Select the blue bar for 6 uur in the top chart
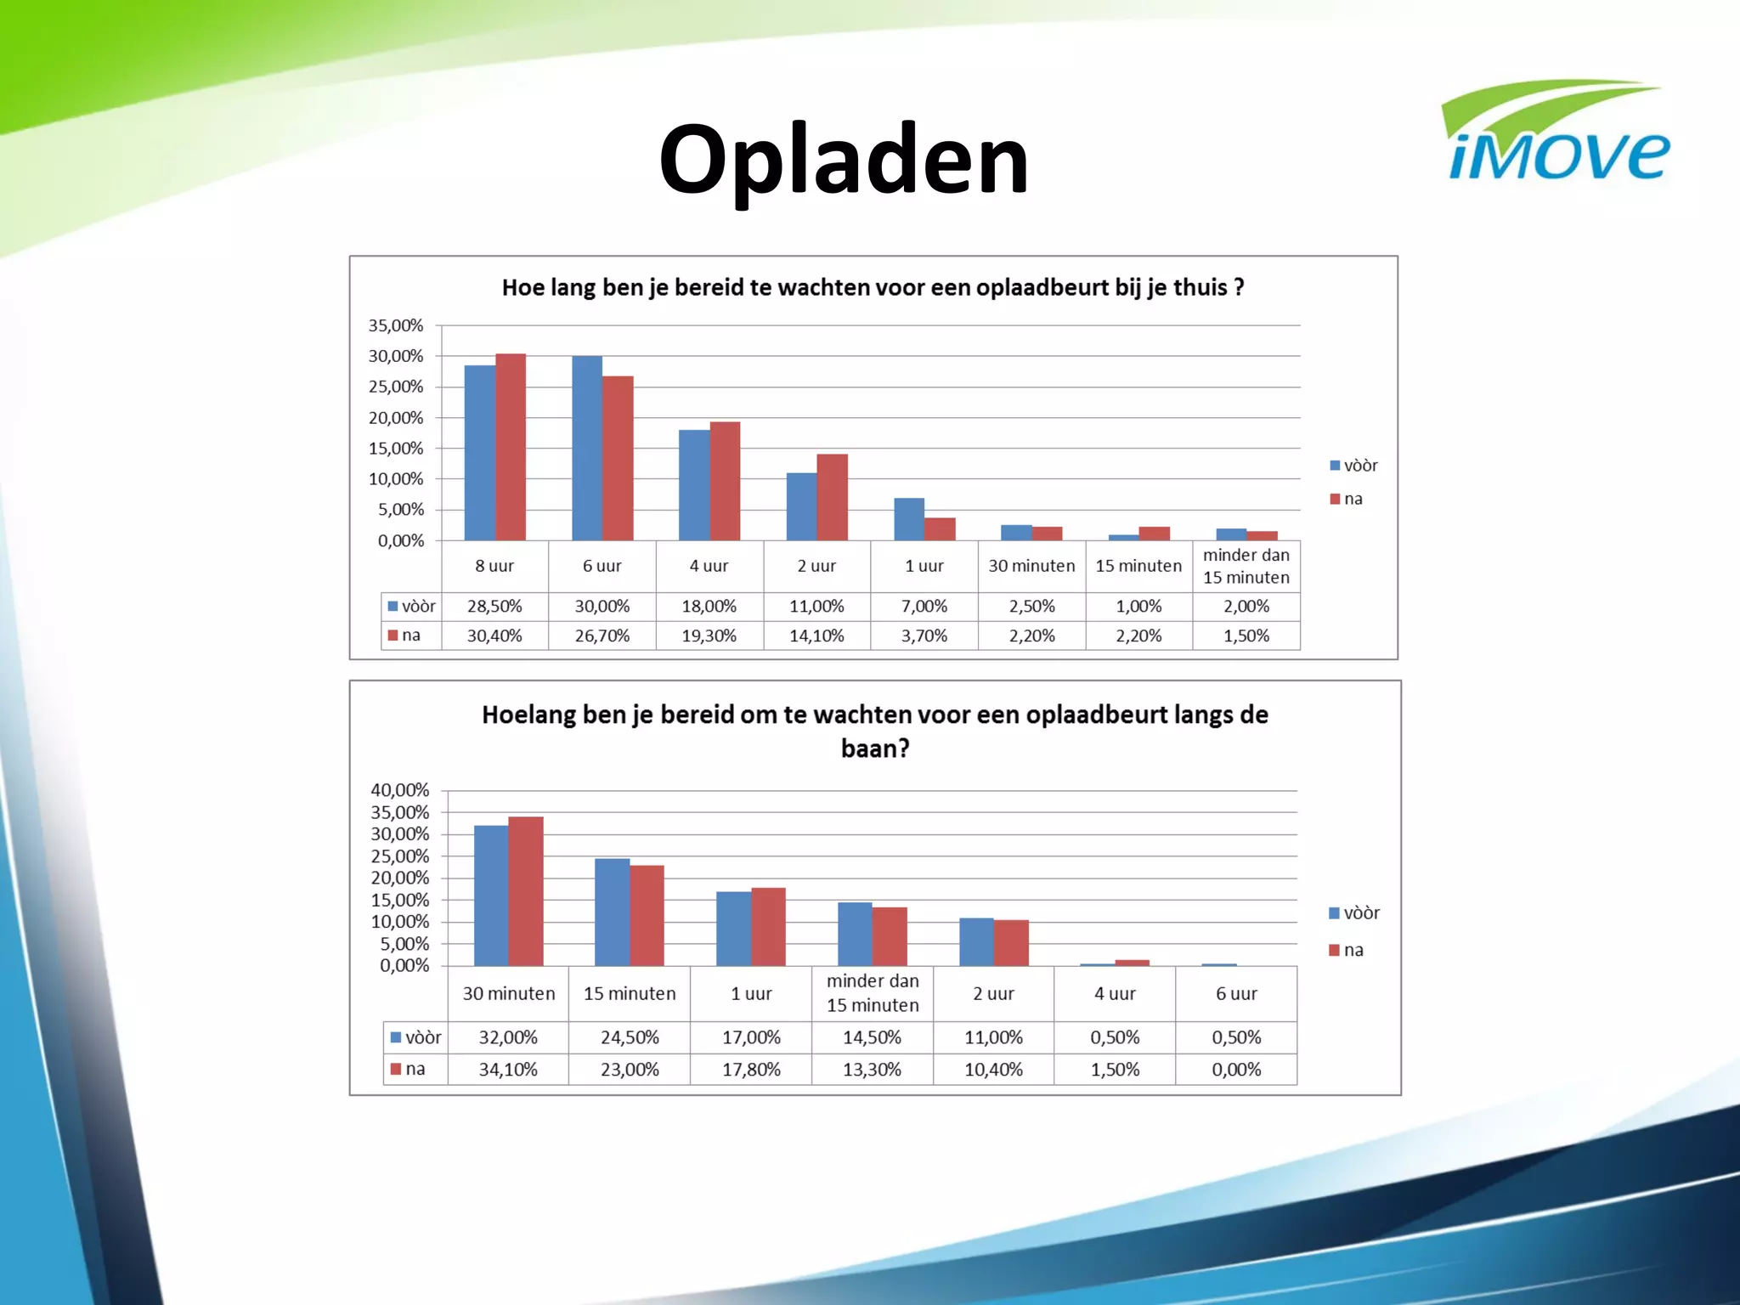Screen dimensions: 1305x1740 click(587, 448)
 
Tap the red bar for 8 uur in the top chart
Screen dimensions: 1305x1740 click(511, 447)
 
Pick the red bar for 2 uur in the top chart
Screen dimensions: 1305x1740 click(833, 497)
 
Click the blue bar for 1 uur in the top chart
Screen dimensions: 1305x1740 click(909, 519)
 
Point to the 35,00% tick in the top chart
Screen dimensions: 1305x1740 click(395, 325)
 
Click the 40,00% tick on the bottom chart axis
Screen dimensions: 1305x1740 click(399, 790)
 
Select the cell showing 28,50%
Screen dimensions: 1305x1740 click(494, 607)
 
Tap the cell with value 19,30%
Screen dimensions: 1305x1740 click(709, 636)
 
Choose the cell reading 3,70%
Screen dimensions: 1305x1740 click(924, 636)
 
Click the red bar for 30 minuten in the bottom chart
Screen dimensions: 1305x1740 click(526, 891)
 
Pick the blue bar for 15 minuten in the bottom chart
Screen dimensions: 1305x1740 click(612, 912)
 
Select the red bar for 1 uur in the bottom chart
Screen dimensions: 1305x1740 click(769, 927)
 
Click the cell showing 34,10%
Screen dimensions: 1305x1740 click(508, 1070)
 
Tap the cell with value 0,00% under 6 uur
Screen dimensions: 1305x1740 click(1236, 1070)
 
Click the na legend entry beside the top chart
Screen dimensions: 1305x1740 click(1347, 499)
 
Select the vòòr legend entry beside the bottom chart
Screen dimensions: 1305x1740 click(1355, 913)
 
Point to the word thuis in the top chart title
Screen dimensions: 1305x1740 click(1200, 287)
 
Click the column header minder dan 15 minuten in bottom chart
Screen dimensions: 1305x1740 click(873, 993)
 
